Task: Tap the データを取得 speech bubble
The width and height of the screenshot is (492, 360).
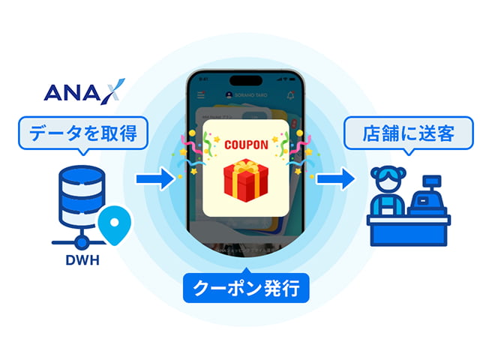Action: (x=83, y=134)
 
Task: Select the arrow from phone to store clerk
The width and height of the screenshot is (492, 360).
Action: (x=335, y=179)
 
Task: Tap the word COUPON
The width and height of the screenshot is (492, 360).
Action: (x=245, y=141)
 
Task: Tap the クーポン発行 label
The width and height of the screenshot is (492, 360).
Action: (x=246, y=287)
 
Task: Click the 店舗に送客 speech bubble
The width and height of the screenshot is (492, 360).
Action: (x=409, y=134)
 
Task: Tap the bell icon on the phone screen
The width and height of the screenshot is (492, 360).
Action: (x=290, y=96)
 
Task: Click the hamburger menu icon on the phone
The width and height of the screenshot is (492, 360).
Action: (x=201, y=96)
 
